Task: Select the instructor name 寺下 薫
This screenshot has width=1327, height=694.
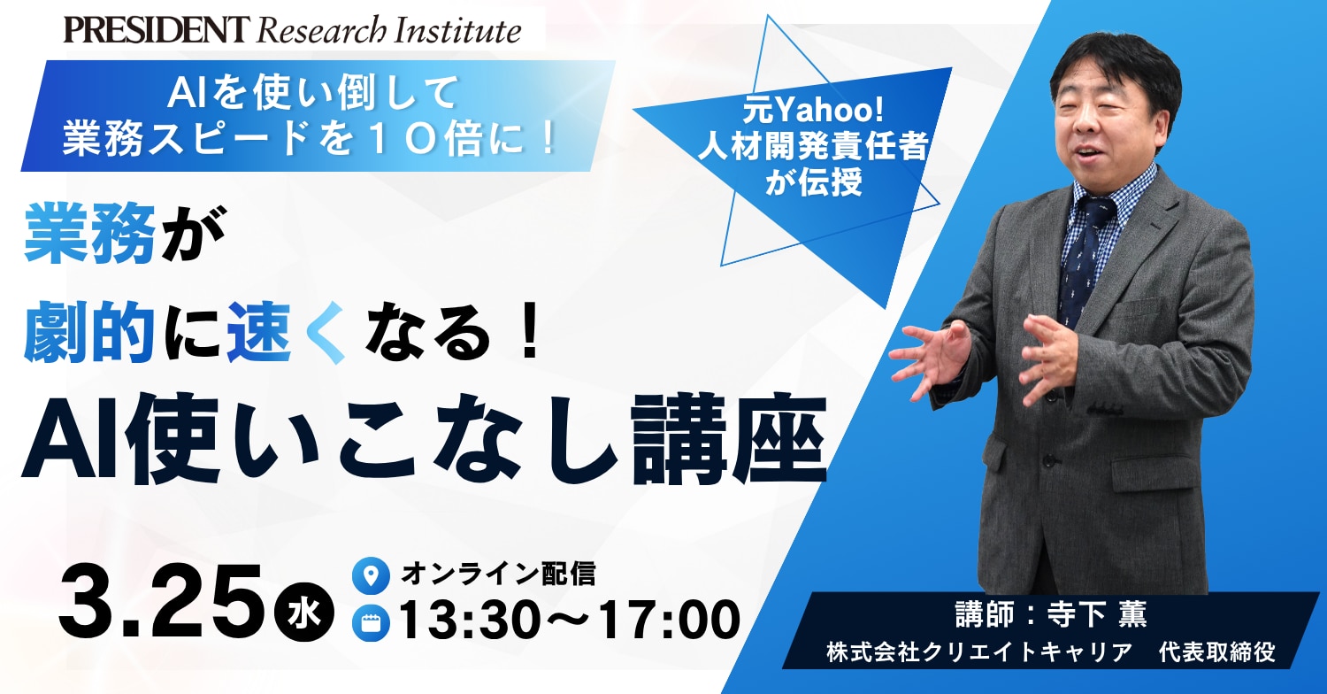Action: click(x=1095, y=614)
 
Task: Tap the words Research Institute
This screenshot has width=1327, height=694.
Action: click(x=388, y=31)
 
